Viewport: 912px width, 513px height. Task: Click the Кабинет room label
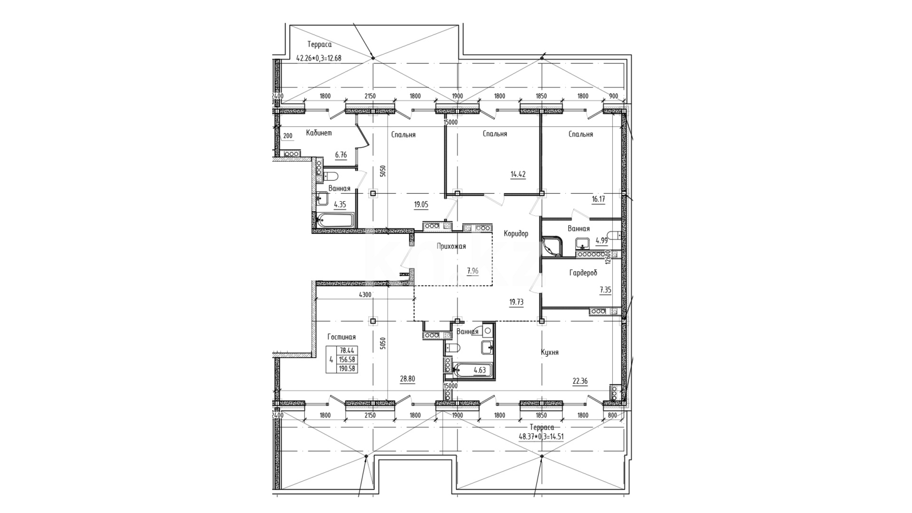click(319, 133)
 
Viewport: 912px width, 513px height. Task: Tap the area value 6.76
click(341, 155)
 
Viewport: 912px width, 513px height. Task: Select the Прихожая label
click(451, 246)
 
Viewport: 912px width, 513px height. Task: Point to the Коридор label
click(516, 234)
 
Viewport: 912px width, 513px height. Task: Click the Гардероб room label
click(583, 273)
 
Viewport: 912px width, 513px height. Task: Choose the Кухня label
click(550, 352)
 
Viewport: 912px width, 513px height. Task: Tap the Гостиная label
click(342, 337)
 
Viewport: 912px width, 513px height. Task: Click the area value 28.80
click(408, 379)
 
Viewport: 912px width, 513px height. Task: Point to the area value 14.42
click(518, 174)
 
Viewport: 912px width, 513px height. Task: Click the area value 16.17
click(598, 199)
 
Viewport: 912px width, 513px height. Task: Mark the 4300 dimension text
click(365, 295)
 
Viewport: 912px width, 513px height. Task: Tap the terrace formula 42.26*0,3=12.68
click(319, 58)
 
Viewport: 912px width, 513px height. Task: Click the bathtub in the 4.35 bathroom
click(335, 220)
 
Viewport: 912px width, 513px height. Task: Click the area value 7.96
click(473, 271)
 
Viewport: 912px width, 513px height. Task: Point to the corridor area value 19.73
click(516, 302)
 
